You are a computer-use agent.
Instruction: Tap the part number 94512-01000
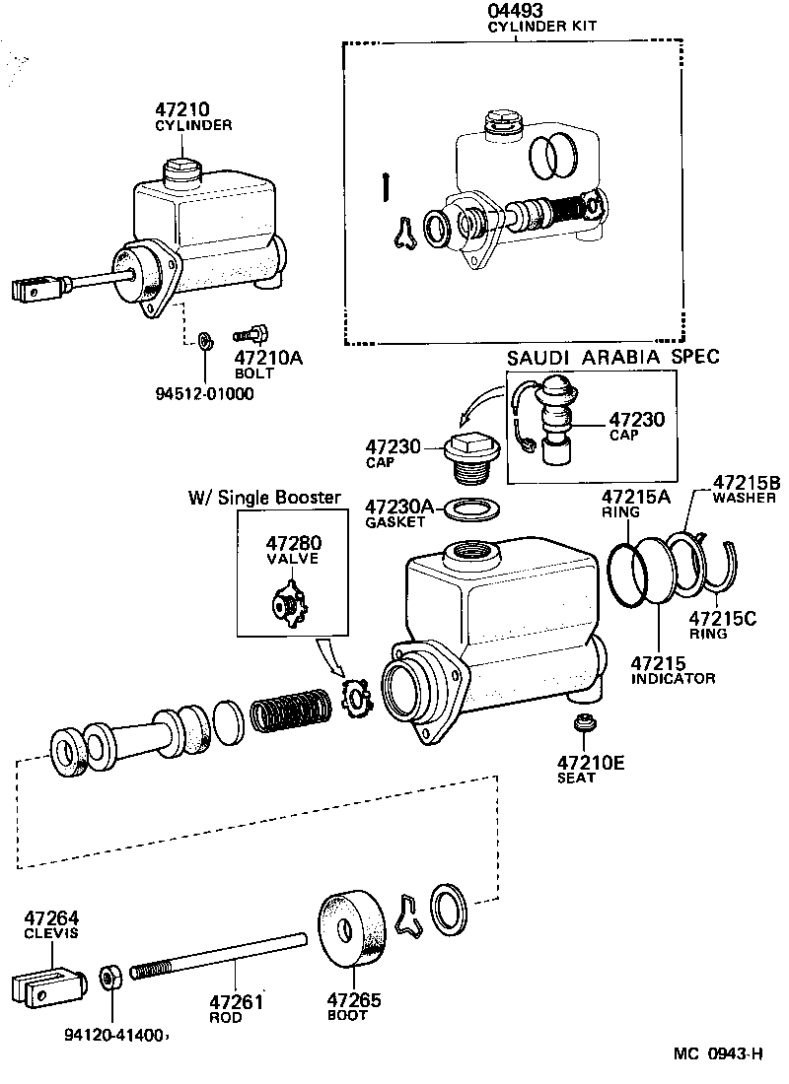click(x=204, y=394)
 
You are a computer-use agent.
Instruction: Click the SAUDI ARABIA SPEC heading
click(x=613, y=357)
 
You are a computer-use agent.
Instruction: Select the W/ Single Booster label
click(x=264, y=498)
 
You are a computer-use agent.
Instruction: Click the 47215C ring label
click(x=722, y=619)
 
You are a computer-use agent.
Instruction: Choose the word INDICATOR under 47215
click(x=674, y=678)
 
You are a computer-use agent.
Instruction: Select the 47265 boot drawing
click(x=352, y=929)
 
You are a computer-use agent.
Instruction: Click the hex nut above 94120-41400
click(x=110, y=979)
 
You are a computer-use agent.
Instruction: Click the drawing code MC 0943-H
click(x=719, y=1054)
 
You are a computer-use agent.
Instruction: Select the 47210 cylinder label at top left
click(x=180, y=110)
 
